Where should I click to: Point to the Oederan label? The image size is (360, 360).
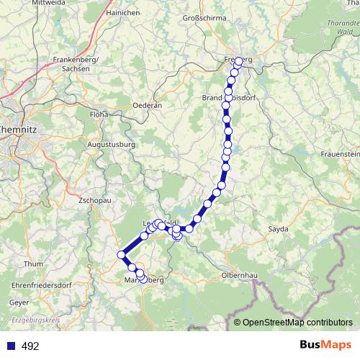[x=147, y=105]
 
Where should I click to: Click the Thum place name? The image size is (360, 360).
[x=33, y=264]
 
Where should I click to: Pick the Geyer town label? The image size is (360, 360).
[x=19, y=303]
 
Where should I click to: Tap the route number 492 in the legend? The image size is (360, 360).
[x=30, y=346]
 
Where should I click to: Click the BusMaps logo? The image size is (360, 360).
[x=322, y=345]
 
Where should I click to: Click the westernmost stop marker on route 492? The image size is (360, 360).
[x=121, y=254]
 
